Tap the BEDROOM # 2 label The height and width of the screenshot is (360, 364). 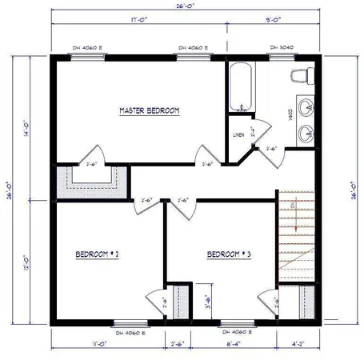coord(98,254)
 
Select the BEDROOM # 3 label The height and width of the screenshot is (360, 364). coord(229,254)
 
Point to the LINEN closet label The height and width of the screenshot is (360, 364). coord(238,134)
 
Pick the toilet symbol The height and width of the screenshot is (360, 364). coord(300,75)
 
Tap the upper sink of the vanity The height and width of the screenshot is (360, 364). coord(304,106)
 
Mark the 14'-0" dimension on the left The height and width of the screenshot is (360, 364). coord(26,128)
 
